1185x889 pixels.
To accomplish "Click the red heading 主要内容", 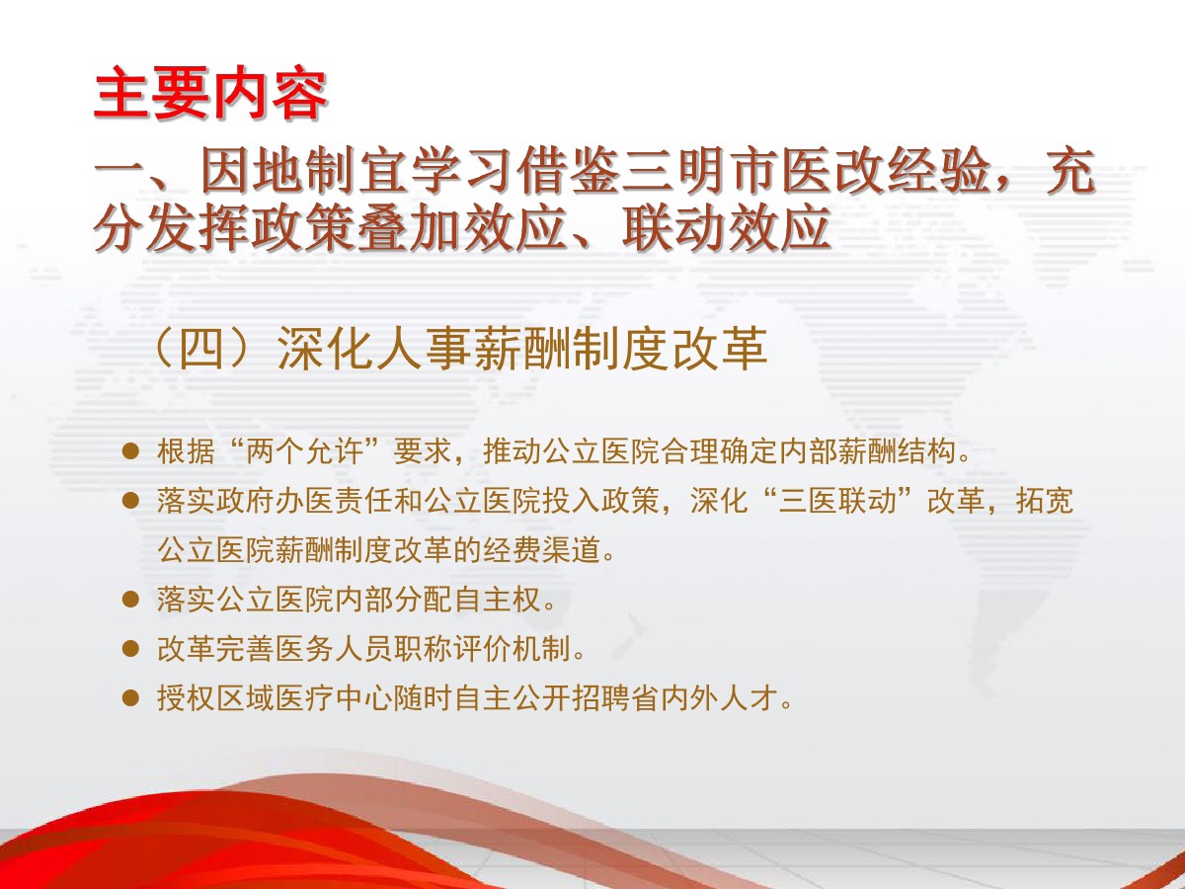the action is (x=210, y=93).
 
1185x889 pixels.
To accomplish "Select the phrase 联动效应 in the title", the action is (x=726, y=229).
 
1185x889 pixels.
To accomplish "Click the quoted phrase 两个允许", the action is (x=304, y=451).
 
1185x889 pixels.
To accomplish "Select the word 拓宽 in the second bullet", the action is (x=1045, y=501).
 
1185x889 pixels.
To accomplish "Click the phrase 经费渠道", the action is (x=541, y=550).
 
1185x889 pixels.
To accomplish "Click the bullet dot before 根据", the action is (x=130, y=451).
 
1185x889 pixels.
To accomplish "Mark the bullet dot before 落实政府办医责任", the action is (x=130, y=501).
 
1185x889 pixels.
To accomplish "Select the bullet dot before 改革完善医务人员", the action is (x=130, y=648).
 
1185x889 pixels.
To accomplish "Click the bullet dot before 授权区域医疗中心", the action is (x=130, y=698).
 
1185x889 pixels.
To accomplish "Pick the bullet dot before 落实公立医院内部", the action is (x=130, y=600).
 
